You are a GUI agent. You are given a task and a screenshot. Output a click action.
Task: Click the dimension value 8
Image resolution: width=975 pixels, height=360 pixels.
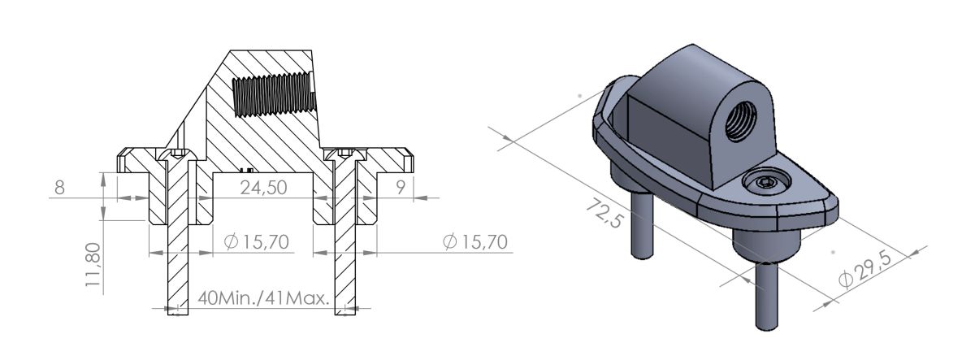58,188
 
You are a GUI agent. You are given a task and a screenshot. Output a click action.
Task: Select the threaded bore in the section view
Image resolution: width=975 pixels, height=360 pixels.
271,93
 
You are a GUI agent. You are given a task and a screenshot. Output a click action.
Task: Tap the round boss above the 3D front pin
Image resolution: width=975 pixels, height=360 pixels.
761,241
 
